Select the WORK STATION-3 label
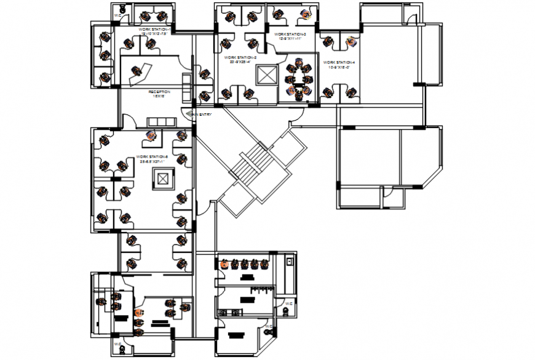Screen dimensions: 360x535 coord(290,34)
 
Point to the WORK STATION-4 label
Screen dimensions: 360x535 coord(339,62)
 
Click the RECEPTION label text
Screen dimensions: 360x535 coord(159,92)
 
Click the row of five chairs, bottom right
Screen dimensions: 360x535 coord(245,265)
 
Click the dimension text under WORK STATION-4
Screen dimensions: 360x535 coord(339,68)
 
